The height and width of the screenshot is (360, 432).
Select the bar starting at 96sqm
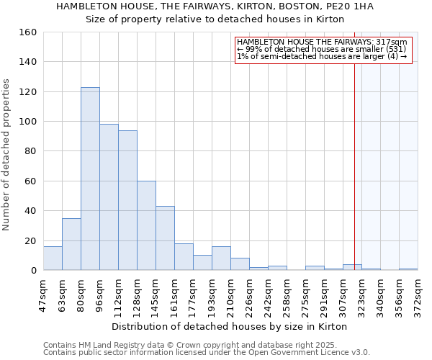[x=109, y=197]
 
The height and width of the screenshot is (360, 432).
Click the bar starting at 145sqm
[x=165, y=238]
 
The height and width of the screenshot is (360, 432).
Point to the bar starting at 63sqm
[x=71, y=244]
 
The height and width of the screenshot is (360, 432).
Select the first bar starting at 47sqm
[x=53, y=258]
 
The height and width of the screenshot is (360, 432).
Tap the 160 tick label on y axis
[x=27, y=32]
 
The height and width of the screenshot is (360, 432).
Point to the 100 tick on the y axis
[x=27, y=122]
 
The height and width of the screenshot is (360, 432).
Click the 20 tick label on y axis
[x=30, y=240]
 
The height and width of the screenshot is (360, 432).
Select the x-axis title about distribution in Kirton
[x=230, y=326]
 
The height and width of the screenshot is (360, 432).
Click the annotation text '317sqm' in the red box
[x=392, y=42]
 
